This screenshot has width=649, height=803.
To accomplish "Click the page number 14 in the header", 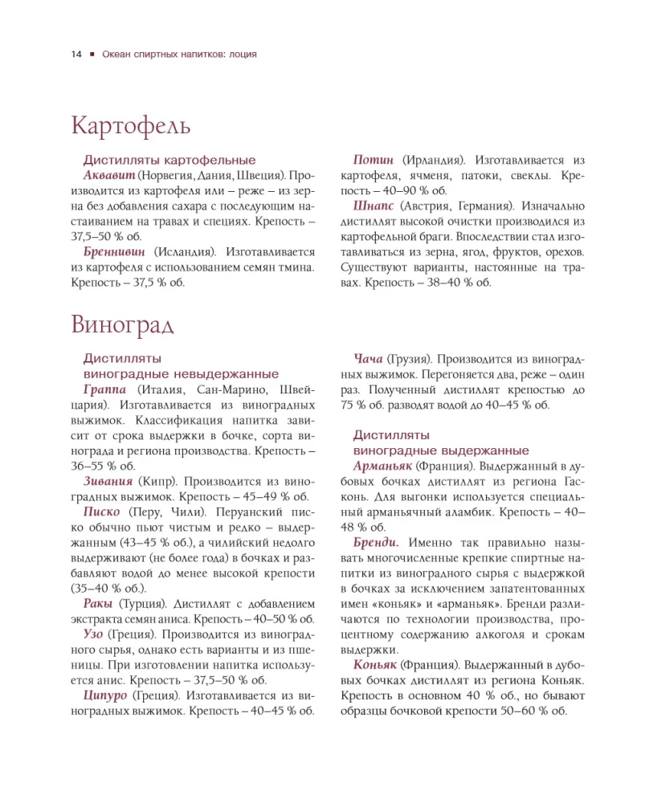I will [x=76, y=55].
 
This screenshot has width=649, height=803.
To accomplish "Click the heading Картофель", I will [x=130, y=126].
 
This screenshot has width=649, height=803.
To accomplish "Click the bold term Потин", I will [x=375, y=160].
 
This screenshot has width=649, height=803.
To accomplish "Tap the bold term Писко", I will [x=102, y=512].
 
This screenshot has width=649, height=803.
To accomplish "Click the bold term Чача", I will [x=368, y=359].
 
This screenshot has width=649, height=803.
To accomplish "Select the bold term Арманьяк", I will [x=382, y=467].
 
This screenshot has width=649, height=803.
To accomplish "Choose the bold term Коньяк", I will [x=376, y=665].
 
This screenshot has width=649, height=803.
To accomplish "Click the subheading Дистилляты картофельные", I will [x=169, y=161].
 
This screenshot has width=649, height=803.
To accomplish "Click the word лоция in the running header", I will [x=243, y=55].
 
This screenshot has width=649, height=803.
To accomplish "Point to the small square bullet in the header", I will [x=92, y=55].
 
